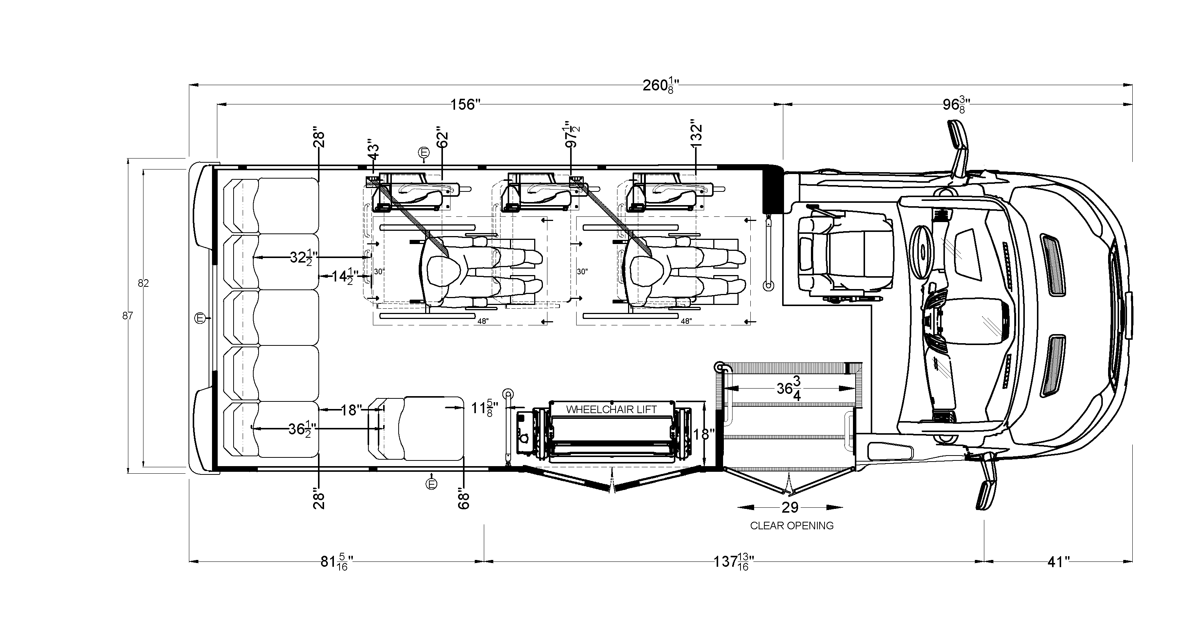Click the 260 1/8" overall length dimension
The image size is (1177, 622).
661,86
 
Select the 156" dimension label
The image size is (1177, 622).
465,104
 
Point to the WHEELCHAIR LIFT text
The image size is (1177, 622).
611,410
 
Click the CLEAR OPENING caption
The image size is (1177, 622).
792,526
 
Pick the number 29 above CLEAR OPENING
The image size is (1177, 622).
790,507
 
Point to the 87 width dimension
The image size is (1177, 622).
128,315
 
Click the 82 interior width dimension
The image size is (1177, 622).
143,283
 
